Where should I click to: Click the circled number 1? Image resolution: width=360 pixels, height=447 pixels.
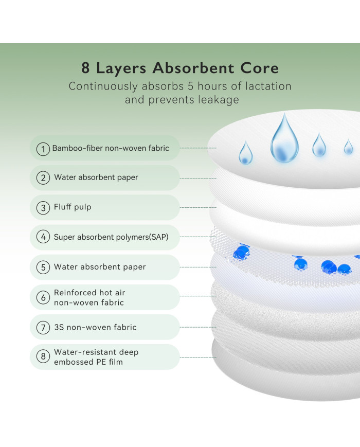[x=43, y=149]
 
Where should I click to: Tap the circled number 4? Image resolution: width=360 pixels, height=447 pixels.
[x=43, y=237]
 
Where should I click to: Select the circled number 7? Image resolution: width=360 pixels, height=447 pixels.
[x=43, y=327]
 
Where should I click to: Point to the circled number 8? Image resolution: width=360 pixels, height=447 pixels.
[x=43, y=356]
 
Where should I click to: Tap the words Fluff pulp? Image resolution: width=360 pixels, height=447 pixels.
[x=73, y=207]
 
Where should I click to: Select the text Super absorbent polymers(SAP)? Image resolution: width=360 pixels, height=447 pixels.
[x=111, y=237]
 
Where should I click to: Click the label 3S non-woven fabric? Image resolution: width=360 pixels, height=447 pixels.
[x=95, y=327]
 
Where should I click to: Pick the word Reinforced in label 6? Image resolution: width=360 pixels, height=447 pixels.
[x=75, y=293]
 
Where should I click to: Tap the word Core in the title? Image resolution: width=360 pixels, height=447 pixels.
[x=259, y=68]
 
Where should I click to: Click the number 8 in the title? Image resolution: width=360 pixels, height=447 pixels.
[x=85, y=68]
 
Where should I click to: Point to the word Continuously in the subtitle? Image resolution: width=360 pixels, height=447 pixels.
[x=103, y=86]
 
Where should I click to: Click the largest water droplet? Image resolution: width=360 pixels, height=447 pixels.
[x=284, y=138]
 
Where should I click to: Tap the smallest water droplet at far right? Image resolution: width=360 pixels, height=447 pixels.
[x=348, y=147]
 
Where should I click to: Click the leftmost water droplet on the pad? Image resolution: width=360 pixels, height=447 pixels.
[x=246, y=153]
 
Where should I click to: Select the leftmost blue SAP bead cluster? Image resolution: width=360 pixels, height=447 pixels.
[x=241, y=252]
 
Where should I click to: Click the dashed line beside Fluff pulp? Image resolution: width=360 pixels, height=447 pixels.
[x=198, y=207]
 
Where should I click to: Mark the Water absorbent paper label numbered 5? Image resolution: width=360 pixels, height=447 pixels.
[x=100, y=267]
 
